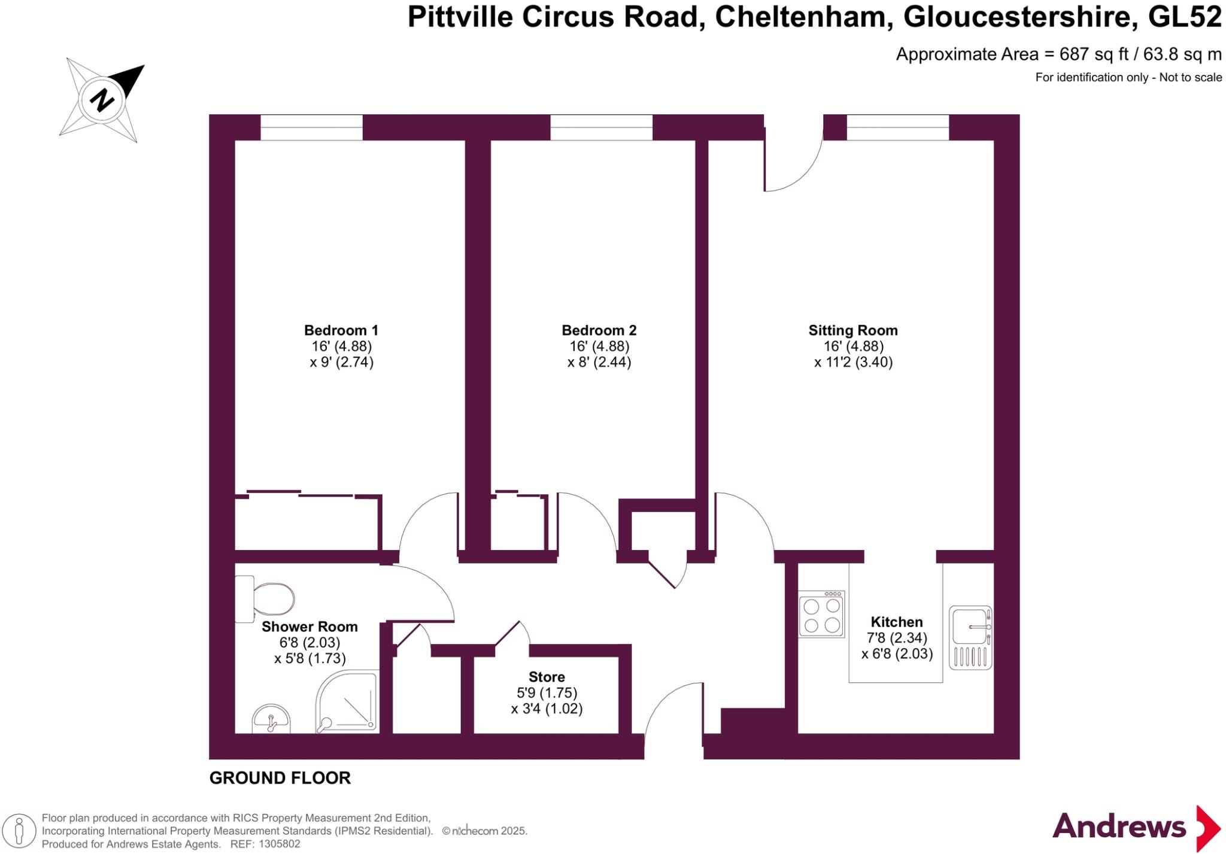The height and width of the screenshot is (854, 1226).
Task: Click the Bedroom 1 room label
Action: tap(341, 330)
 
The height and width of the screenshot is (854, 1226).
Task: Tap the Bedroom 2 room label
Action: tap(599, 330)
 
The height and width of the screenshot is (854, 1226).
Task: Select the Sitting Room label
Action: tap(852, 330)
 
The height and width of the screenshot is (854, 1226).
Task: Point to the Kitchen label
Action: tap(896, 622)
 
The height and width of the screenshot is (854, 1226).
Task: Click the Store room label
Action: tap(547, 677)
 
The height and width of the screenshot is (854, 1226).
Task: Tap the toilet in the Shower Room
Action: tap(266, 599)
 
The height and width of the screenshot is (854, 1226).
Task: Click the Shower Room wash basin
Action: tap(271, 719)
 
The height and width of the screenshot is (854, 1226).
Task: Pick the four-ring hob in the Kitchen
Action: tap(821, 615)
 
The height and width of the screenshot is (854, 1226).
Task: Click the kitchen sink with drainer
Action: tap(970, 637)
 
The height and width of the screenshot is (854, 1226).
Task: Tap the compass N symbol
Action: tap(102, 99)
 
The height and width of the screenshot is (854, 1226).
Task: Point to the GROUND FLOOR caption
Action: tap(280, 778)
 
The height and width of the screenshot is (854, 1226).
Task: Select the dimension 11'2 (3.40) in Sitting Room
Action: tap(854, 362)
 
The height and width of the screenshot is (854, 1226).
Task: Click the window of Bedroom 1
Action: tap(311, 127)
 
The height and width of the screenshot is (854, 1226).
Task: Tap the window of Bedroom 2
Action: tap(601, 127)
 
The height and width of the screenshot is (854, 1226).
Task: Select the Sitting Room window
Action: tap(897, 127)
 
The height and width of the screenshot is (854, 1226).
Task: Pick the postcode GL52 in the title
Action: tap(1184, 17)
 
